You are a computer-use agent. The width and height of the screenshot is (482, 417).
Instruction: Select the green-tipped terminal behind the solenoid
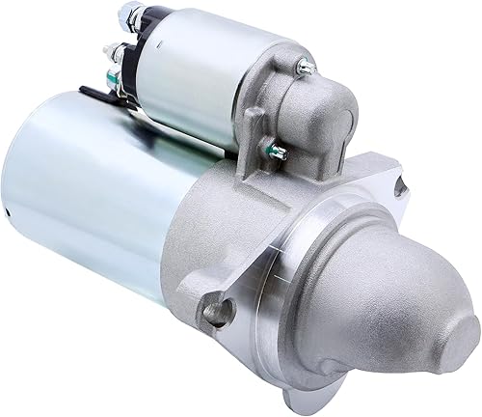click(114, 77)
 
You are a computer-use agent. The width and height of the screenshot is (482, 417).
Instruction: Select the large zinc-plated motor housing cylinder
click(87, 193)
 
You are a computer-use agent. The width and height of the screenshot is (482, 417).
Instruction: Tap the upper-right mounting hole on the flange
click(398, 186)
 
